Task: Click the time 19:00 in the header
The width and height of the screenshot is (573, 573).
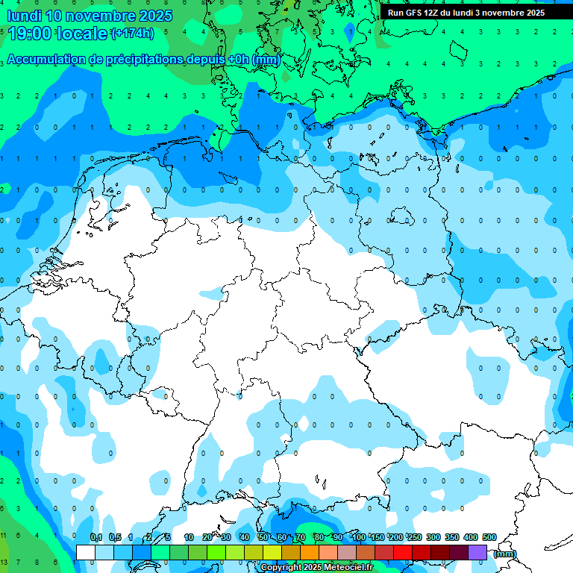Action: (30, 33)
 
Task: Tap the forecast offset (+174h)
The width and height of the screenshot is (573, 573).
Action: (132, 33)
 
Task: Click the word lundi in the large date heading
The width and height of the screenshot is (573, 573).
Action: (23, 16)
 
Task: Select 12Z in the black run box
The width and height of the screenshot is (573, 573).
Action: (431, 13)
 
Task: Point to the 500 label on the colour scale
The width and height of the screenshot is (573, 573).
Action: (489, 537)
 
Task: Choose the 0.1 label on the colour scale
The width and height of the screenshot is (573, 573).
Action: (96, 537)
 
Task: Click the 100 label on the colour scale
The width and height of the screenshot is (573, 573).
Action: (359, 537)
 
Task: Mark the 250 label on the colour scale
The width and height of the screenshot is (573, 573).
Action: (415, 537)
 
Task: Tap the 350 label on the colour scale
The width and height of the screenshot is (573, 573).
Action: (452, 537)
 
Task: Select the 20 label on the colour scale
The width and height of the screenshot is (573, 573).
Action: (207, 537)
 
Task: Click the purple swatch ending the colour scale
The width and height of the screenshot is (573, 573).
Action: (477, 552)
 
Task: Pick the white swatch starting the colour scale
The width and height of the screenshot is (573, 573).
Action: (86, 552)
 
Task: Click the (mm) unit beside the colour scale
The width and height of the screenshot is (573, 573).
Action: (505, 554)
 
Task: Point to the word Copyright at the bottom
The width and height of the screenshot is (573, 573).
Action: (281, 568)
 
